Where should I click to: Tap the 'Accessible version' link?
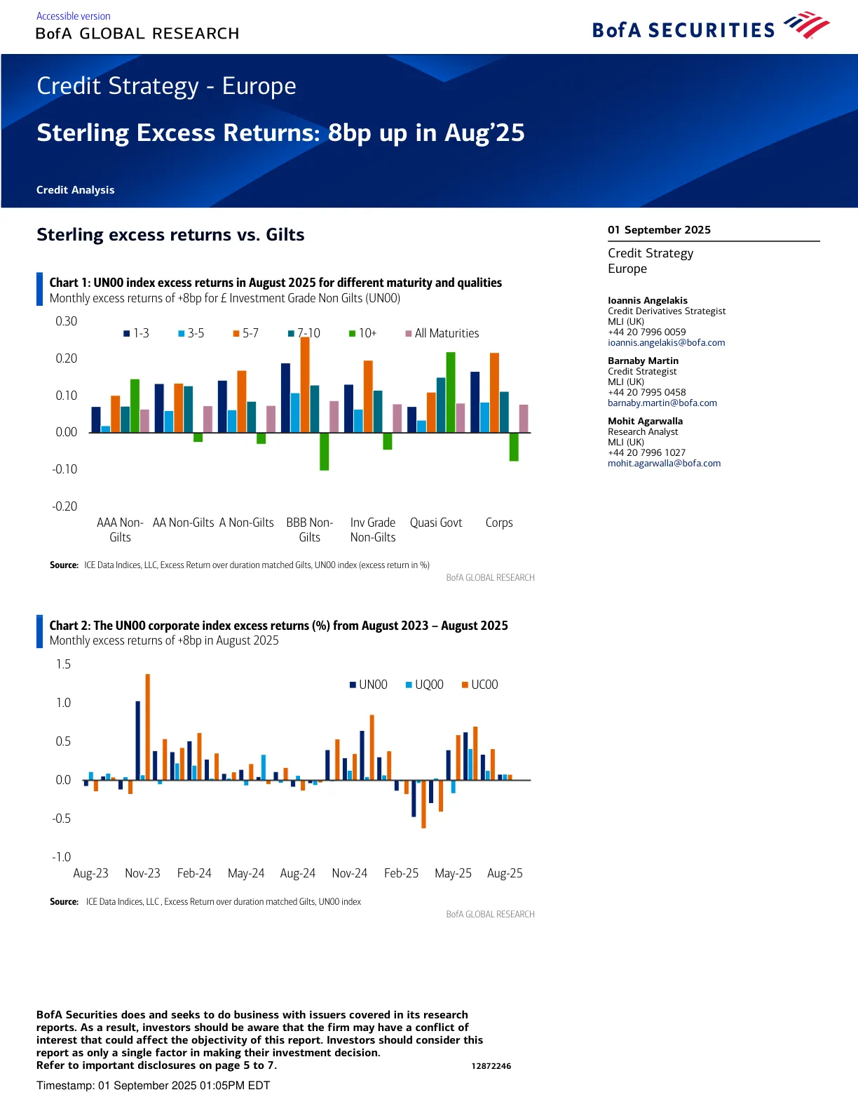pos(73,16)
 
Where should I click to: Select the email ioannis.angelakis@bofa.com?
pos(666,343)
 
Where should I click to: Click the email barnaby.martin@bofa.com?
pos(662,403)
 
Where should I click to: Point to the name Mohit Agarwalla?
pos(645,421)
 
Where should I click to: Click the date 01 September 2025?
pos(659,230)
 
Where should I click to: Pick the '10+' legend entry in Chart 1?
pos(363,333)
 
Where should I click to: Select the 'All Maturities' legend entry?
pos(442,333)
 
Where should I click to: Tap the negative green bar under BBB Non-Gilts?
pos(324,451)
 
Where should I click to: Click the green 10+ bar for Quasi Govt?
pos(451,392)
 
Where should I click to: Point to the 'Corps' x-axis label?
pos(499,523)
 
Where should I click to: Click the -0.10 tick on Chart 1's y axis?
pos(65,469)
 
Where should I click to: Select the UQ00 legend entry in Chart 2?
pos(425,685)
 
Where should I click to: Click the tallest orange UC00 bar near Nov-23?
pos(148,727)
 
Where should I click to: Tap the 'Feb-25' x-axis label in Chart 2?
pos(401,873)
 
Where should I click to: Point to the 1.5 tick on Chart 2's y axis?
pos(63,664)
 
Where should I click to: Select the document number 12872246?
pos(491,1066)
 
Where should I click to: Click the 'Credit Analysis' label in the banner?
pos(75,190)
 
